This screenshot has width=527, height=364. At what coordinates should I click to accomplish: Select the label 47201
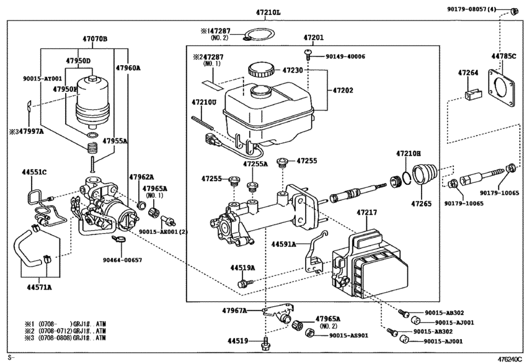(313, 38)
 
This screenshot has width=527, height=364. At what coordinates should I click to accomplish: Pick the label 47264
(468, 73)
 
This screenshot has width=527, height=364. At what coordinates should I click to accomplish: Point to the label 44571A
(39, 287)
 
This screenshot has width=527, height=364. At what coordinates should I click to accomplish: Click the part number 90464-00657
(122, 260)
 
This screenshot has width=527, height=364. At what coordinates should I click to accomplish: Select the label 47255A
(255, 165)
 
